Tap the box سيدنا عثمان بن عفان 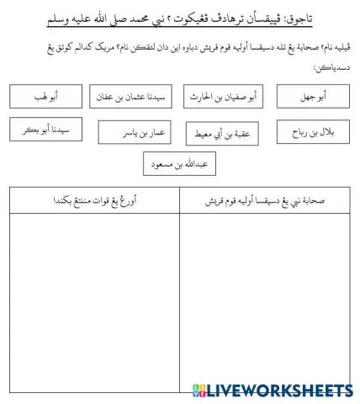130,98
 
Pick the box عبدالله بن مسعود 177,163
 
